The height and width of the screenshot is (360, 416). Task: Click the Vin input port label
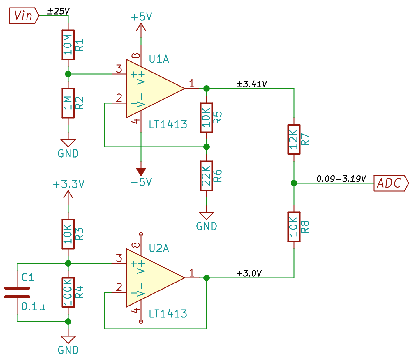tap(24, 16)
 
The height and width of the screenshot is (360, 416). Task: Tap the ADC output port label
tap(391, 183)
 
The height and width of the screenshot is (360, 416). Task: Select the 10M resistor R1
tap(68, 45)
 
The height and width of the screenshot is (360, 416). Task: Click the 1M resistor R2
tap(68, 103)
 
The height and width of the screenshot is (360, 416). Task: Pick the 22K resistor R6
tap(207, 176)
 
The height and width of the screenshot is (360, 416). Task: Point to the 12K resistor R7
tap(294, 140)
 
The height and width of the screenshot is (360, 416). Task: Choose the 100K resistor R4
tap(68, 292)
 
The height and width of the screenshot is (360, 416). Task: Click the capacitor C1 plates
tap(17, 292)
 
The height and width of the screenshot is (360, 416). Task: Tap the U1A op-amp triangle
tap(155, 89)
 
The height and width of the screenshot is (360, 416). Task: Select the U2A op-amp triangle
tap(155, 278)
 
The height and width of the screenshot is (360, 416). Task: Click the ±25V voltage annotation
tap(58, 11)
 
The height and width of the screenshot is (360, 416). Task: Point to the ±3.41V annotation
tap(252, 84)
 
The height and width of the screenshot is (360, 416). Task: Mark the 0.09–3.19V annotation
tap(341, 179)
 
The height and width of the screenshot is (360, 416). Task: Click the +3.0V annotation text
tap(249, 273)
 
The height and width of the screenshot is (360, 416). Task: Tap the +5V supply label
tap(141, 17)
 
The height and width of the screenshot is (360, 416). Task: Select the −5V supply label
tap(141, 182)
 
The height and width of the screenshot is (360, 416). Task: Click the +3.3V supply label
tap(68, 184)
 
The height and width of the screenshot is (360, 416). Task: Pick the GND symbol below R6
tap(207, 216)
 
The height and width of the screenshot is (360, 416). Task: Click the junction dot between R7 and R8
tap(294, 183)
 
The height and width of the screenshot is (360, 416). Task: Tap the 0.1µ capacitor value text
tap(33, 307)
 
